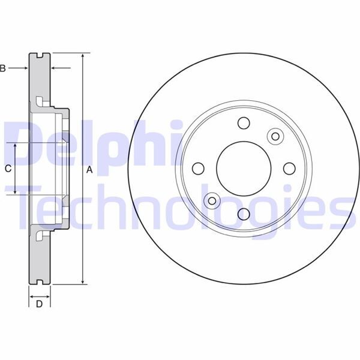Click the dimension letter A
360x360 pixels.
pyautogui.click(x=89, y=170)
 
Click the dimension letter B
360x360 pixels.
pyautogui.click(x=2, y=68)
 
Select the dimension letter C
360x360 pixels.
pyautogui.click(x=8, y=169)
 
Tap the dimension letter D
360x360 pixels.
pyautogui.click(x=39, y=304)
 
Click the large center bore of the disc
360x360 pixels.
pyautogui.click(x=244, y=169)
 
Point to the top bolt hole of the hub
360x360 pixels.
pyautogui.click(x=244, y=123)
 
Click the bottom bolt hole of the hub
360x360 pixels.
pyautogui.click(x=244, y=214)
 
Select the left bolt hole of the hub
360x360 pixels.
pyautogui.click(x=198, y=169)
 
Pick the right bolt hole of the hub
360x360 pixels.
pyautogui.click(x=289, y=169)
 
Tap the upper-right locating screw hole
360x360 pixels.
pyautogui.click(x=275, y=136)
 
